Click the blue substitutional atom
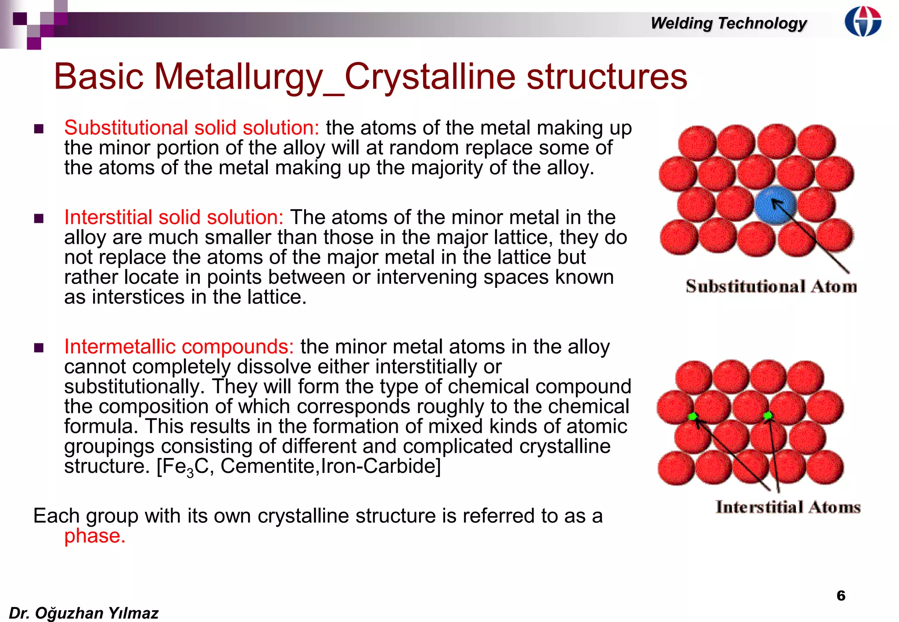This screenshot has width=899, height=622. [775, 205]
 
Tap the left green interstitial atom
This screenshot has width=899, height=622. [693, 416]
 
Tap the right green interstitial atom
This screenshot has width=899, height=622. [768, 415]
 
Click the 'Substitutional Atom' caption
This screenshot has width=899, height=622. [771, 286]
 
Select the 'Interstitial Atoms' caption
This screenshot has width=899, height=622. [788, 507]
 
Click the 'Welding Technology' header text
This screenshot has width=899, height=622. [728, 23]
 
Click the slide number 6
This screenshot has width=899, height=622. [841, 595]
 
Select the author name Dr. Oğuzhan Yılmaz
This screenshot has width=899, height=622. [83, 613]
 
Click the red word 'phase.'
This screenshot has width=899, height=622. [95, 536]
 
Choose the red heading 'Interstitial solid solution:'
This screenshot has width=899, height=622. [174, 217]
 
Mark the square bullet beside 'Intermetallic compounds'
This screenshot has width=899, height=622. [39, 348]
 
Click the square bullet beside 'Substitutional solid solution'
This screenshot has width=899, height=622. [39, 129]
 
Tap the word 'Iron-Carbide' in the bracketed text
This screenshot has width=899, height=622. [378, 466]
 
